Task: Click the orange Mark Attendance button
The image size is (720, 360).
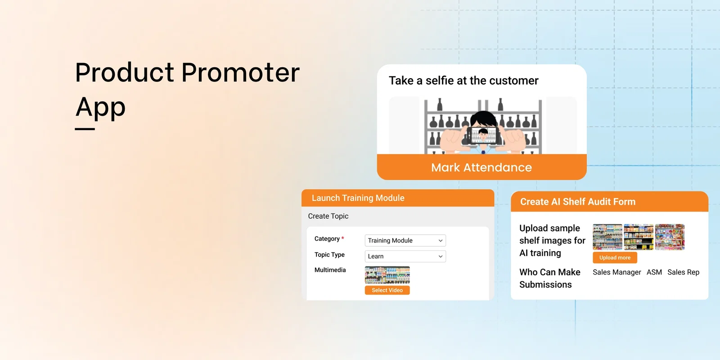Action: (481, 167)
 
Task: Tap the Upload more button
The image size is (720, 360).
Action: (615, 257)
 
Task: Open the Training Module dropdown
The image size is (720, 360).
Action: (405, 240)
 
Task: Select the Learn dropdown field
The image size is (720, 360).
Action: (405, 256)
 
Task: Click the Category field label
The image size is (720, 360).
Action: (327, 238)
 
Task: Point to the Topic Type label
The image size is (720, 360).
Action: (329, 254)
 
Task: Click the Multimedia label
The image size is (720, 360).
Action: (330, 270)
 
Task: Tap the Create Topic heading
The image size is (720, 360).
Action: (328, 216)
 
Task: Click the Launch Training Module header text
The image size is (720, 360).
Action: (358, 198)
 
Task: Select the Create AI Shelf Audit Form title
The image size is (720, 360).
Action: (578, 202)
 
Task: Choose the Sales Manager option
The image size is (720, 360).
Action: (616, 272)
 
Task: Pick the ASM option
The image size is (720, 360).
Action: (654, 272)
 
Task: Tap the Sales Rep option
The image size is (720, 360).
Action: (683, 272)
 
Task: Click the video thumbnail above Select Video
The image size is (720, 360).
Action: (387, 275)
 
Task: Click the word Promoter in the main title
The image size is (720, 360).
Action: (240, 72)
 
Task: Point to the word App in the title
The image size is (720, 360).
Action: (100, 107)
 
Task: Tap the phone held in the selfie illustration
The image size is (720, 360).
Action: (483, 135)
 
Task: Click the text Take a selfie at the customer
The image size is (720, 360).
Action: (463, 81)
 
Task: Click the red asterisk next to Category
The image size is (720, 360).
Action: (342, 238)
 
